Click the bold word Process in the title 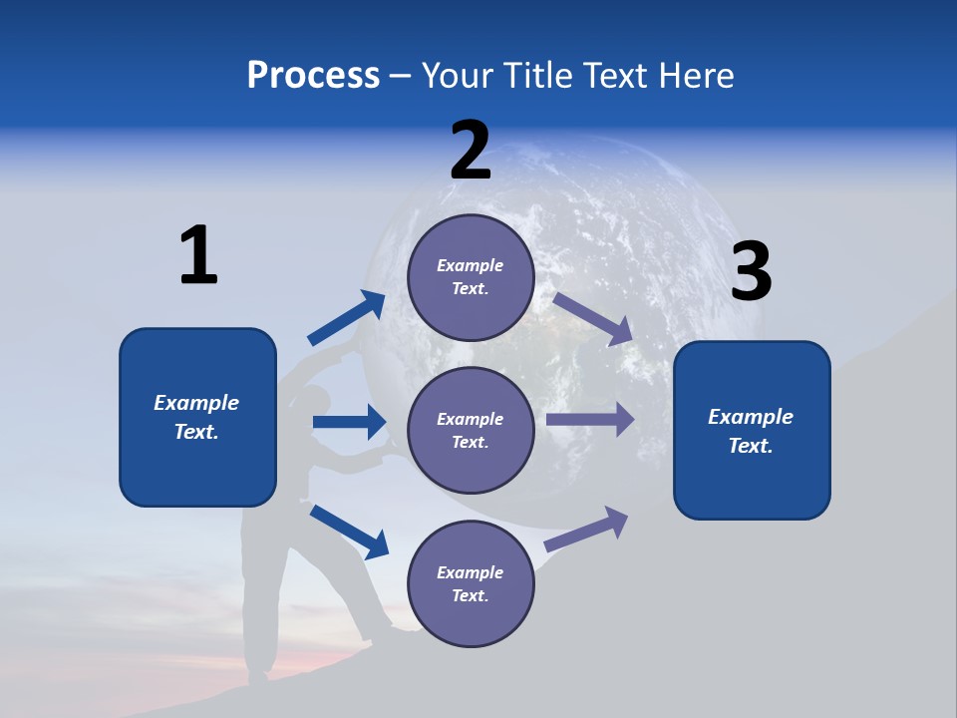click(x=313, y=75)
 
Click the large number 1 click(x=198, y=255)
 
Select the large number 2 click(x=471, y=151)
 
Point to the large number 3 click(x=752, y=272)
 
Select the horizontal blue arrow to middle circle click(x=349, y=422)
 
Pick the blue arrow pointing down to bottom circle click(x=349, y=531)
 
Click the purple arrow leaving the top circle click(x=593, y=318)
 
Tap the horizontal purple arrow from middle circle click(x=590, y=420)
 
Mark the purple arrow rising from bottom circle click(x=586, y=530)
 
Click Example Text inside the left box click(x=196, y=417)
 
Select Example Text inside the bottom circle click(x=471, y=583)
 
